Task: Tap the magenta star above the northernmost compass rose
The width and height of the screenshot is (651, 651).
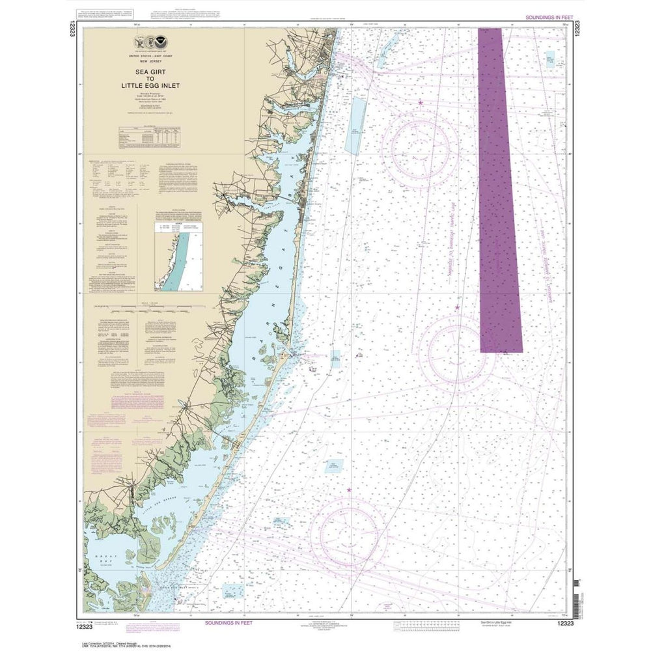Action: (x=421, y=103)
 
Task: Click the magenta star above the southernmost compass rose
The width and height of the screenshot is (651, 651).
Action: (x=349, y=490)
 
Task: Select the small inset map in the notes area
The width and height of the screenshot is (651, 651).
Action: (x=177, y=254)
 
